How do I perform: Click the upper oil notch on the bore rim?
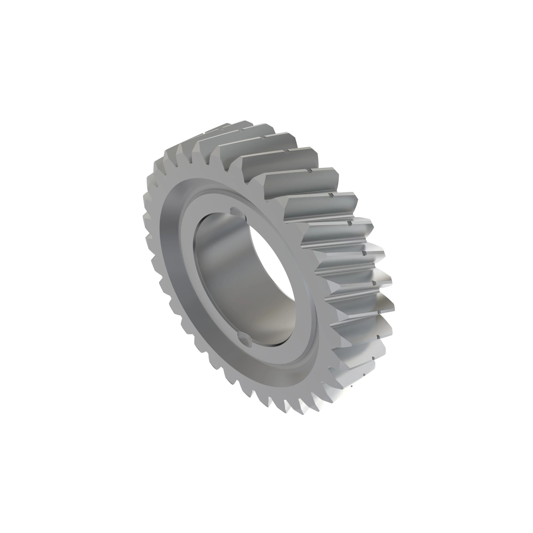point(236,211)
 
